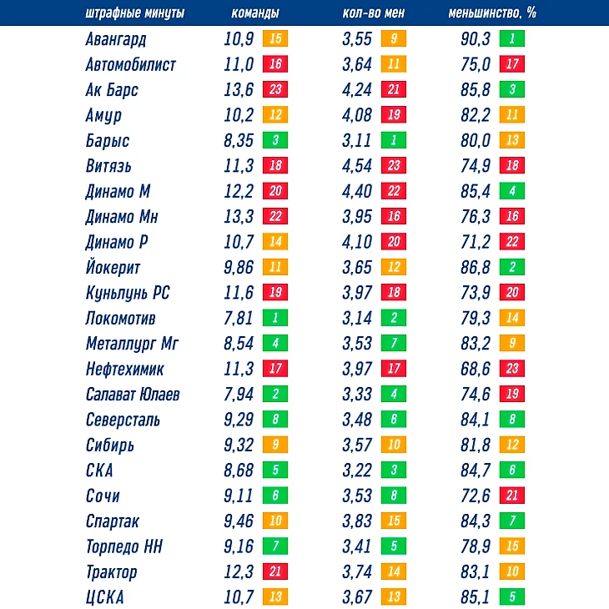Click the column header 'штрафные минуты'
tap(135, 14)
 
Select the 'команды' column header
tap(254, 14)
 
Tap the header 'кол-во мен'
tap(374, 14)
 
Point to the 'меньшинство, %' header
tap(492, 14)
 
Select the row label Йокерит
tap(113, 268)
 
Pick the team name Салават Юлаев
tap(133, 395)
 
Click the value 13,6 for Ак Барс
tap(239, 90)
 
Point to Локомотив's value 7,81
tap(239, 319)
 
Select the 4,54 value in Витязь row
tap(358, 166)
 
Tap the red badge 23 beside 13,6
tap(274, 90)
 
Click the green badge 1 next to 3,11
tap(393, 141)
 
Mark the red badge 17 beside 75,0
tap(511, 64)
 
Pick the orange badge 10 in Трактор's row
tap(511, 572)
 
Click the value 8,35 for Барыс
tap(239, 141)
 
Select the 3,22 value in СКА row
tap(358, 471)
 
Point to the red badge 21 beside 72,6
tap(511, 496)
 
